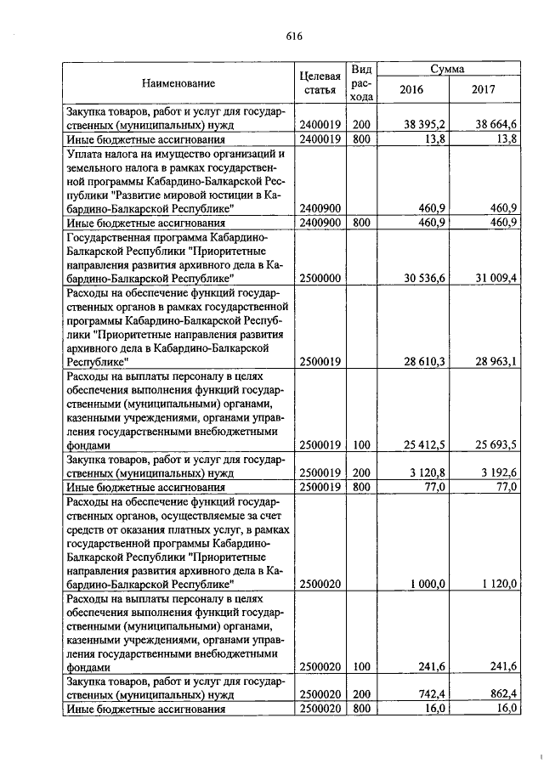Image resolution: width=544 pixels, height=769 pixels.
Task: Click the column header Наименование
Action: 178,83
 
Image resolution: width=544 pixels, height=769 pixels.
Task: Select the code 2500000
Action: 320,277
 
